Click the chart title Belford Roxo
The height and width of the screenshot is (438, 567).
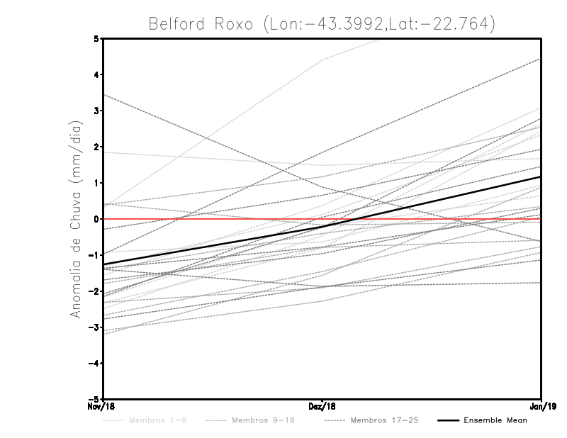tap(321, 23)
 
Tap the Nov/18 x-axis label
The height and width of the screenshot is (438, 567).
tap(102, 406)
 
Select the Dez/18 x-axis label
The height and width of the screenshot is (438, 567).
tap(322, 406)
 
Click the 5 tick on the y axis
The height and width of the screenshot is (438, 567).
tap(96, 38)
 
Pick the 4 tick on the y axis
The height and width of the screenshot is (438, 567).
tap(96, 74)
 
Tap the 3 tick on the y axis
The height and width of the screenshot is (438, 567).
tap(96, 111)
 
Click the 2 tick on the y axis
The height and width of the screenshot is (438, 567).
tap(96, 147)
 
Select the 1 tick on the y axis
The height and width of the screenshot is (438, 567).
tap(96, 183)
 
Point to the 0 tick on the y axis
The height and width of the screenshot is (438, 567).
tap(96, 219)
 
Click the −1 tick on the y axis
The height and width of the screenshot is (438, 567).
tap(94, 255)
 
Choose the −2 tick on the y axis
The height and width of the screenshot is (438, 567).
tap(94, 291)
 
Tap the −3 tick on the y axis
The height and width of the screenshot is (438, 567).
tap(94, 327)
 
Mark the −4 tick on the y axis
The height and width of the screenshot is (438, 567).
tap(94, 364)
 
